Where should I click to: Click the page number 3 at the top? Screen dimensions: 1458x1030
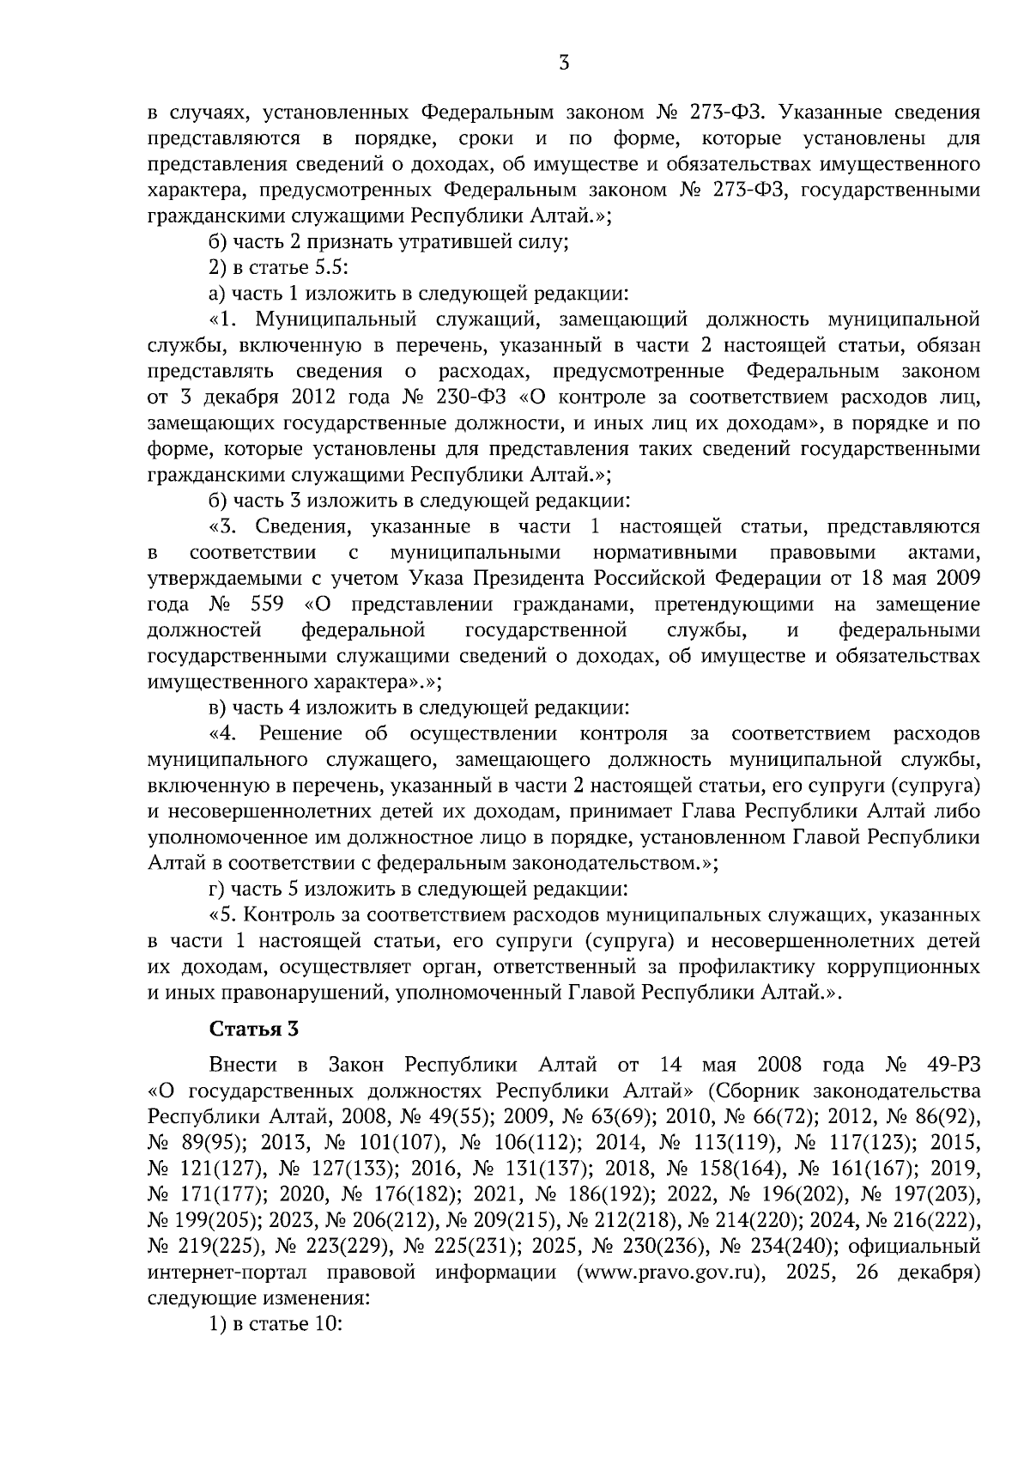[x=564, y=62]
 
